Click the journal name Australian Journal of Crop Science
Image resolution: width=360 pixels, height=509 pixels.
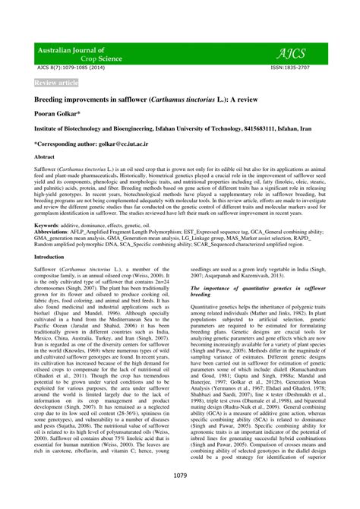82,53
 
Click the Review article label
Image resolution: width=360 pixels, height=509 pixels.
56,82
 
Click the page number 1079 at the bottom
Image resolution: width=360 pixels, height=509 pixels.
180,476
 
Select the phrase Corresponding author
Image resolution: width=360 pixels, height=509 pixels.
61,142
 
